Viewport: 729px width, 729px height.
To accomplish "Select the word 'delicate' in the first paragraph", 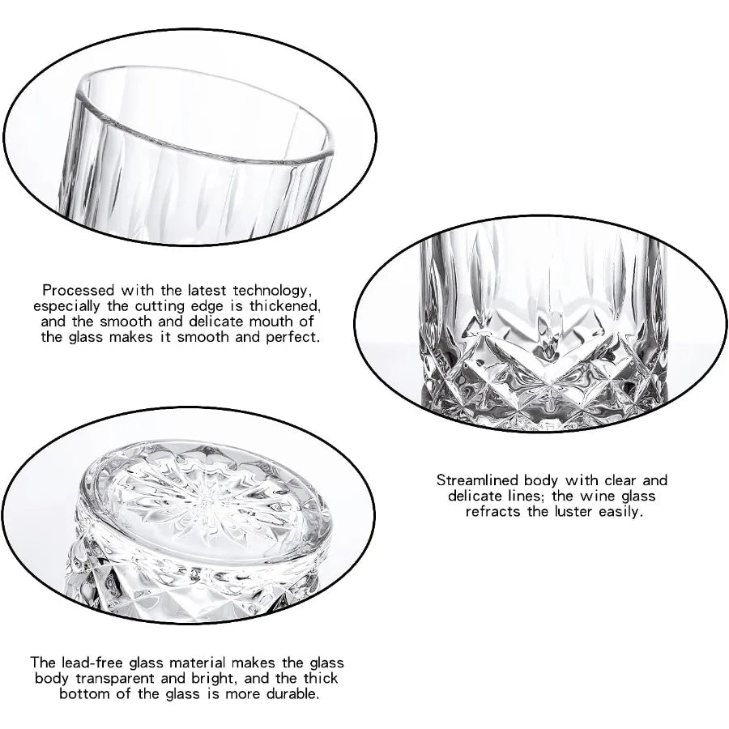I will coord(207,321).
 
